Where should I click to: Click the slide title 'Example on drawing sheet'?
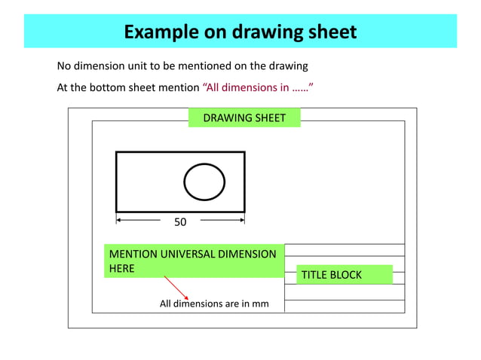240,32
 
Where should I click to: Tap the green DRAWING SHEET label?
244,117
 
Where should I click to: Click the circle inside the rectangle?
204,182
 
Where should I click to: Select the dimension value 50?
180,222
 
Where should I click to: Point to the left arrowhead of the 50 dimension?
119,221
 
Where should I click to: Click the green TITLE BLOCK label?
332,275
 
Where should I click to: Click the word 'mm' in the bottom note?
260,304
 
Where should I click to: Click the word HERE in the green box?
122,268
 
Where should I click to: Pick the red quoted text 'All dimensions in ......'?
258,87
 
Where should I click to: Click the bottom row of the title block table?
345,307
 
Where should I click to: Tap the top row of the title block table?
345,250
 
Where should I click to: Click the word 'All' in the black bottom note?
167,304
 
